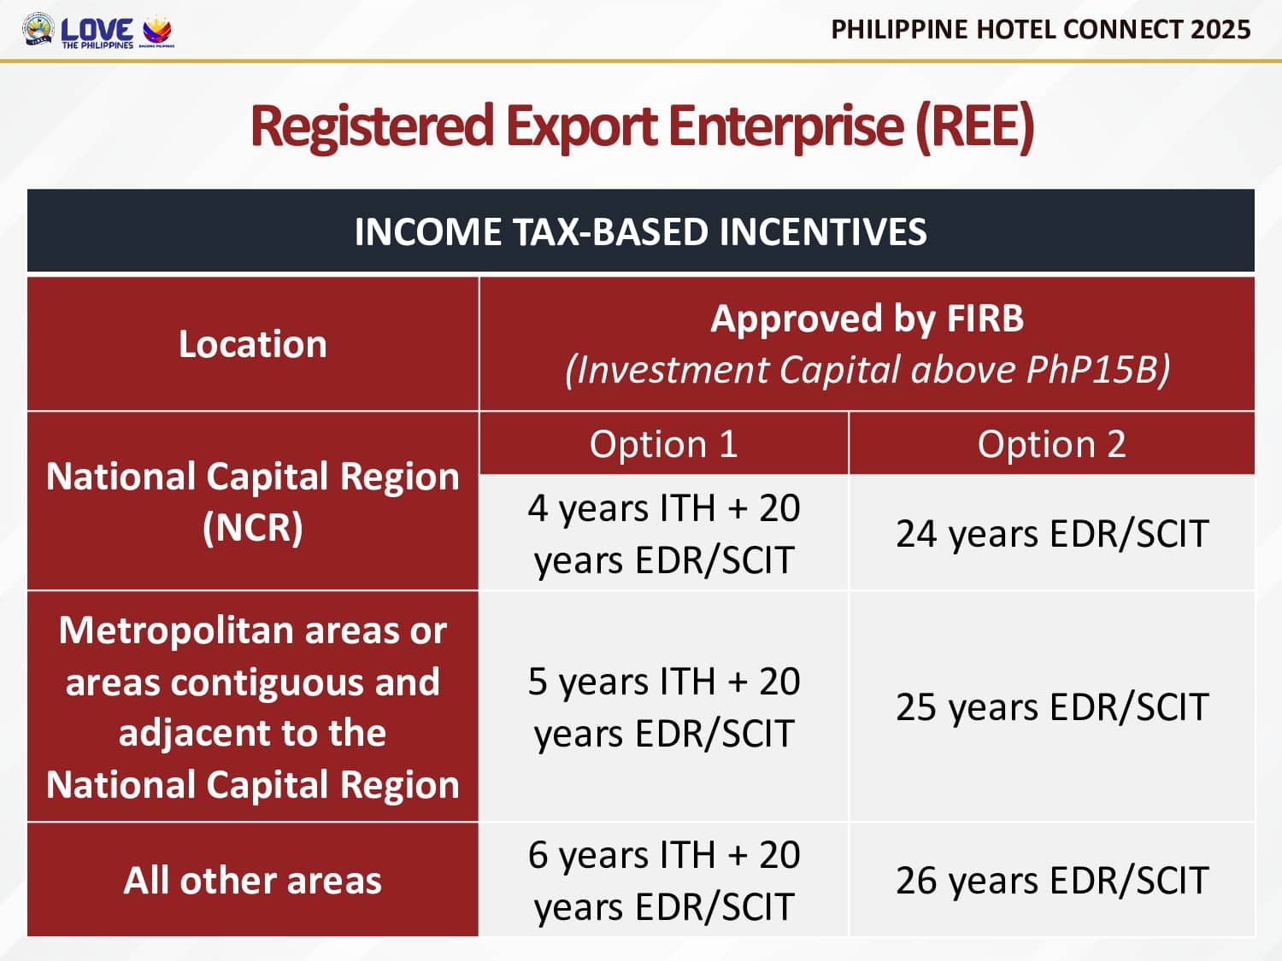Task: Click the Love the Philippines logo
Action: [x=97, y=32]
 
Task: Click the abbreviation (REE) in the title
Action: [x=975, y=126]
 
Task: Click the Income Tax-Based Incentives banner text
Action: [x=640, y=231]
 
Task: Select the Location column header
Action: [x=253, y=343]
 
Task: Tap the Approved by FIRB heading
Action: [x=867, y=319]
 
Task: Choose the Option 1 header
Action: [x=663, y=444]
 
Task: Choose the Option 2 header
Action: [x=1052, y=444]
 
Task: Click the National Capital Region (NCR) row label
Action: [x=253, y=501]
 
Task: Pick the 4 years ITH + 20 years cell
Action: [x=663, y=533]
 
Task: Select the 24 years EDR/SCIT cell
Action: [x=1052, y=533]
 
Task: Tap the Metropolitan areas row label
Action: [x=253, y=707]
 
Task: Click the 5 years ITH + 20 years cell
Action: [x=663, y=706]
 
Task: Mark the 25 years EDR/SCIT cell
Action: [x=1052, y=706]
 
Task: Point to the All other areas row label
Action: [x=253, y=880]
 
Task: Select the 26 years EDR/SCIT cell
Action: [x=1052, y=880]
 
